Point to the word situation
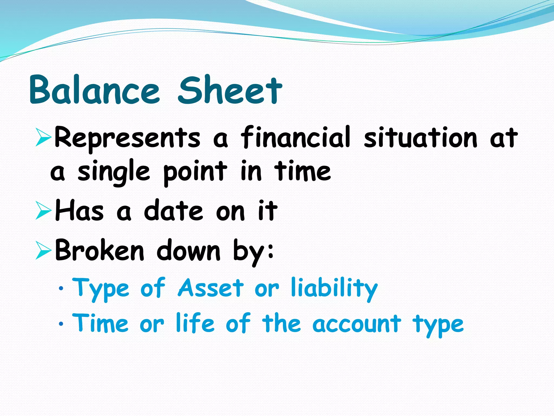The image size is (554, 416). tap(421, 137)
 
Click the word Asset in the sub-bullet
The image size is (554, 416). tap(211, 288)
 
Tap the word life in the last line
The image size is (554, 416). tap(195, 323)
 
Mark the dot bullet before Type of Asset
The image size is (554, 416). tap(61, 289)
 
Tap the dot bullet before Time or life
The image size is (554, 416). tap(61, 324)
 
